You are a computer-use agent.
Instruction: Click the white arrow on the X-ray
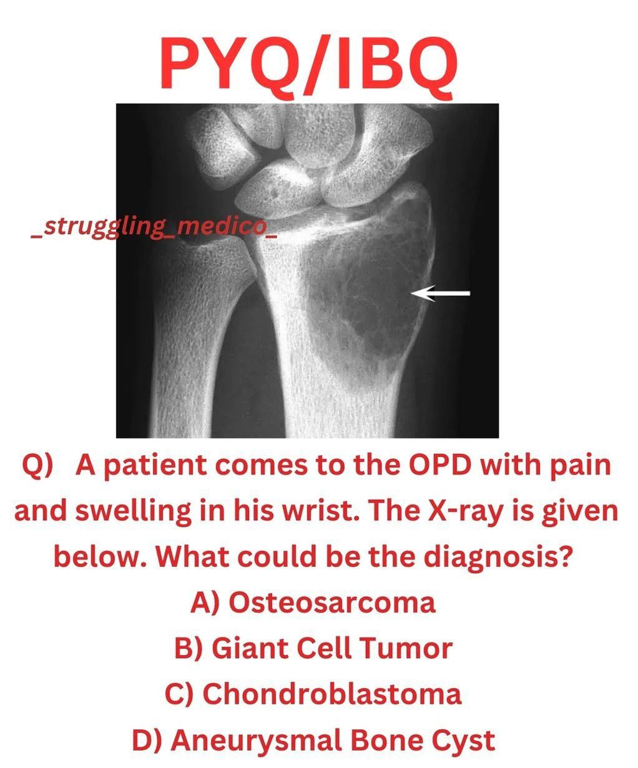click(440, 293)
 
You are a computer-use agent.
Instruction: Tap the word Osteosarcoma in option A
click(332, 603)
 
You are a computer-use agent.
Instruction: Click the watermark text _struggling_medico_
click(154, 228)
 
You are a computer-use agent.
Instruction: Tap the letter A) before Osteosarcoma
click(205, 604)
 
